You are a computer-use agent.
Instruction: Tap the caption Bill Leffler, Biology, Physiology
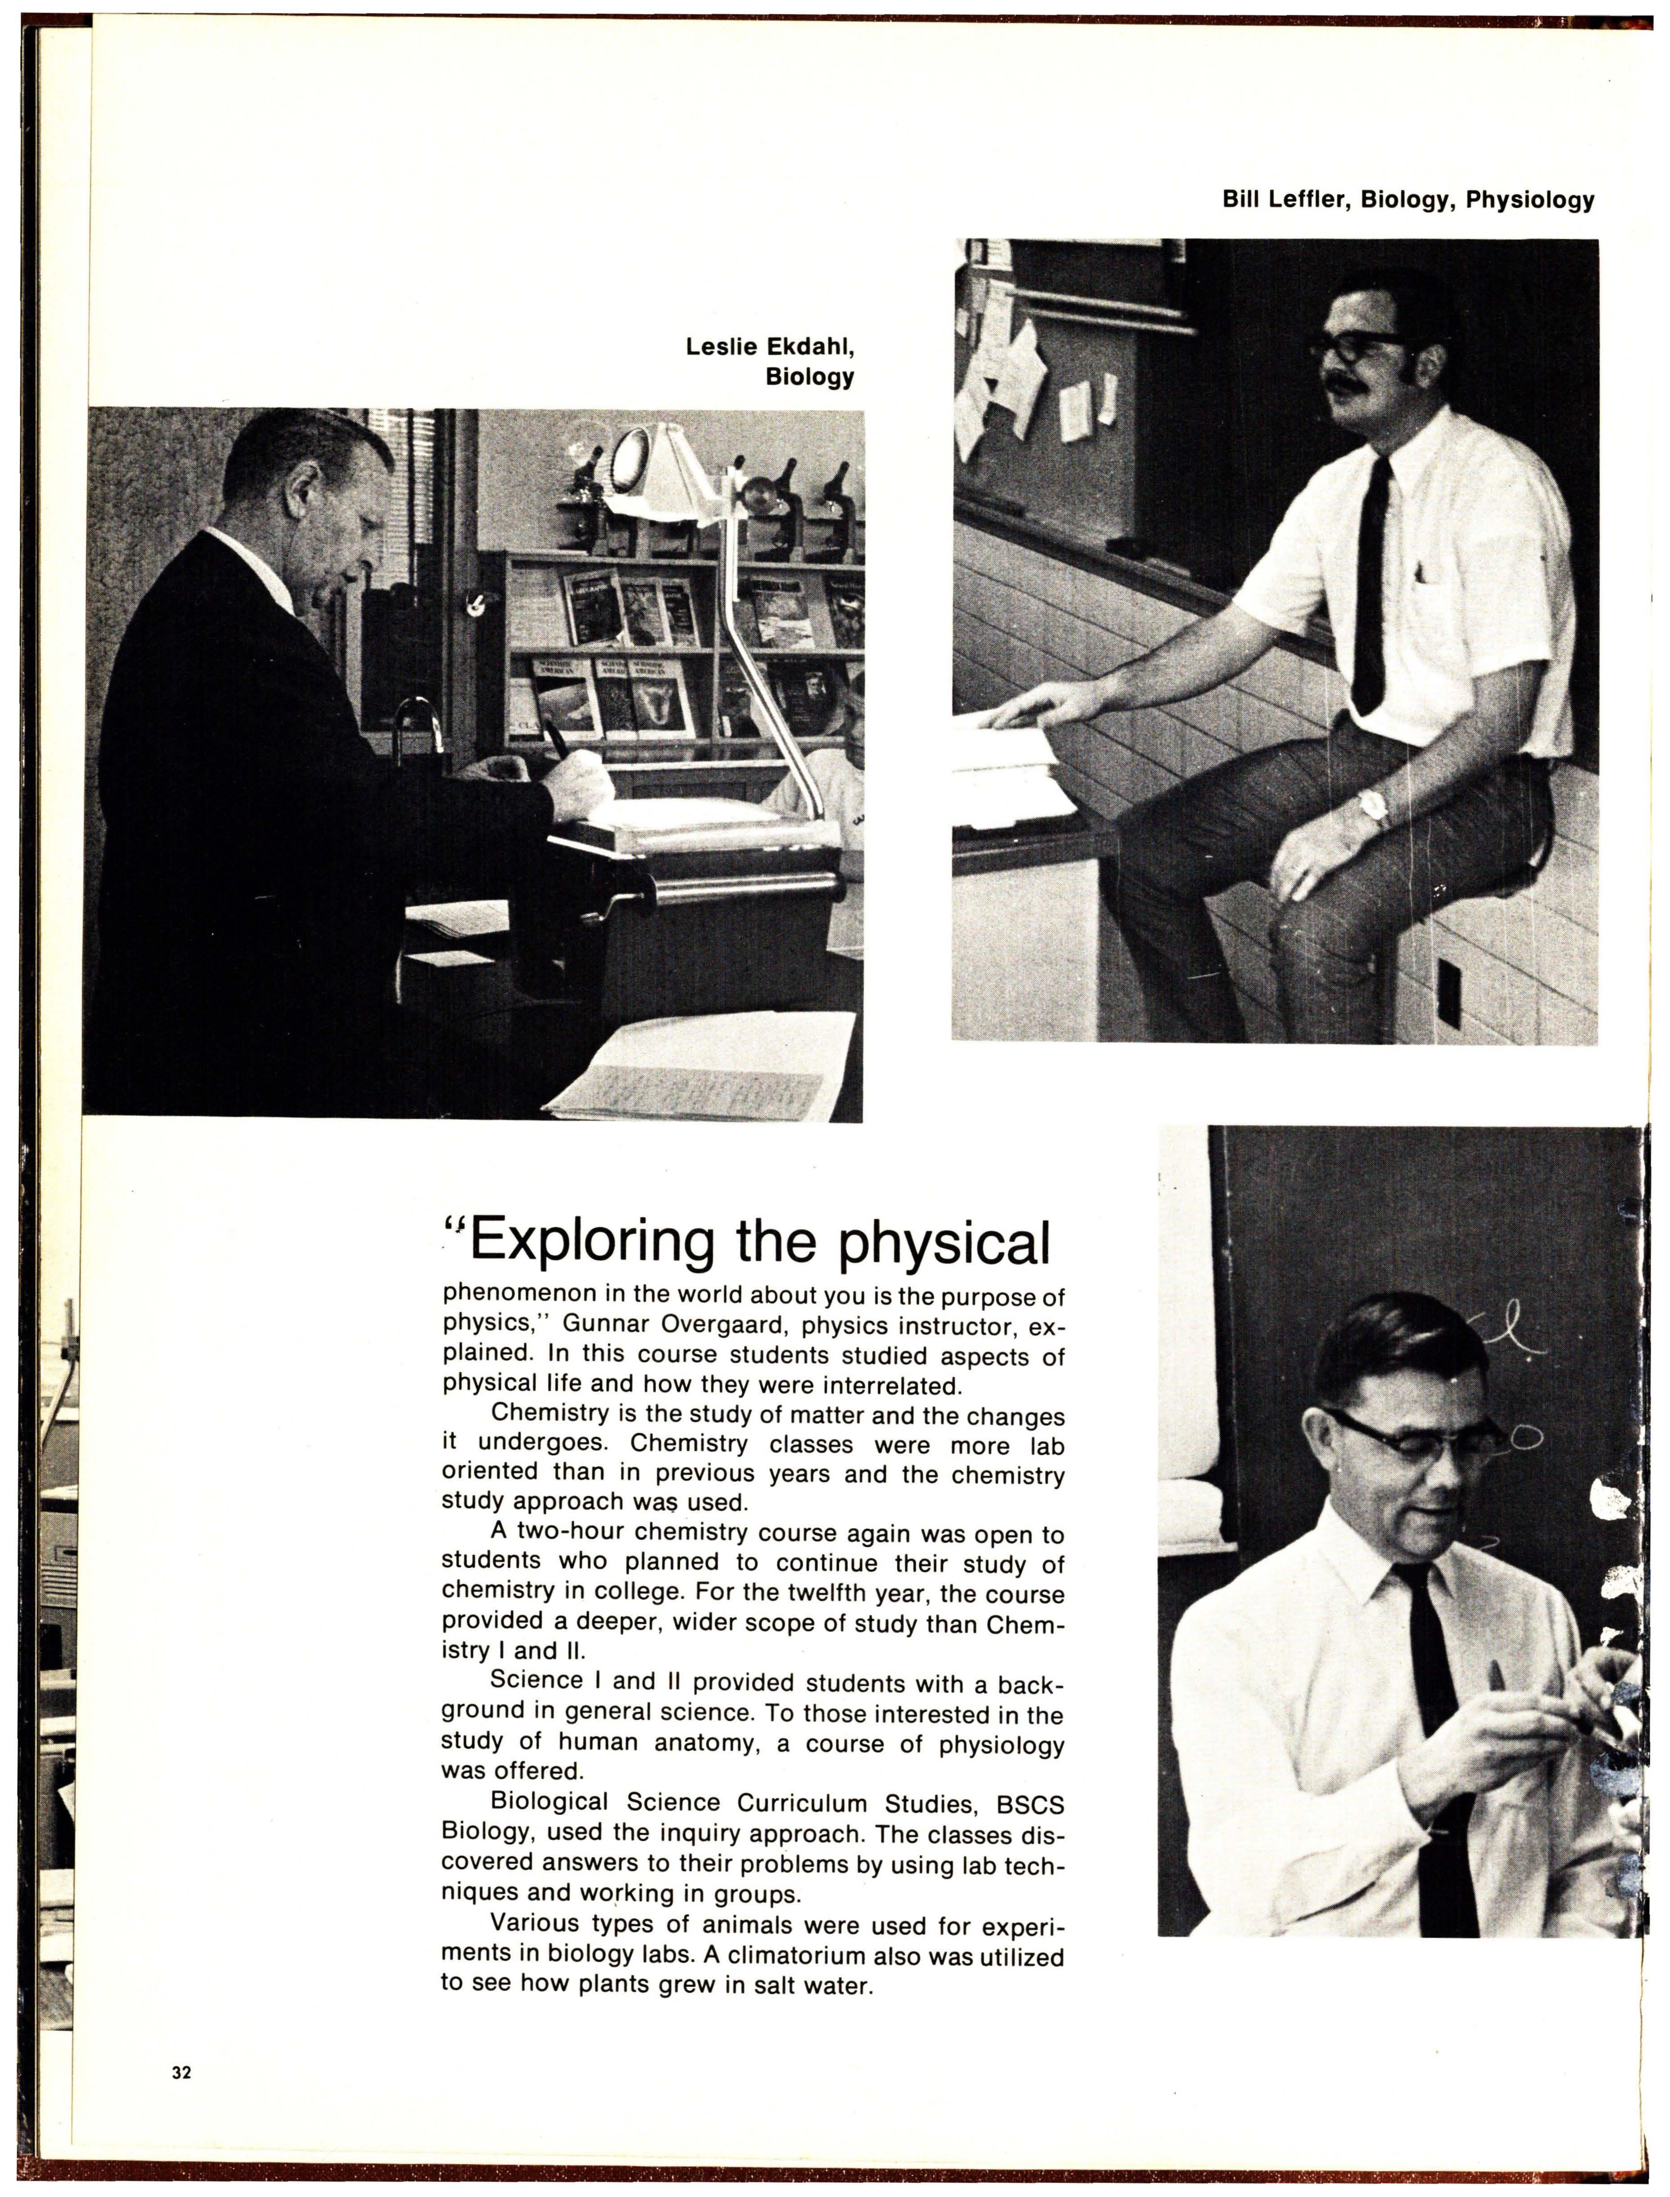(x=1408, y=200)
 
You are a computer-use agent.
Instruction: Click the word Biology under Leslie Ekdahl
(x=809, y=377)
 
